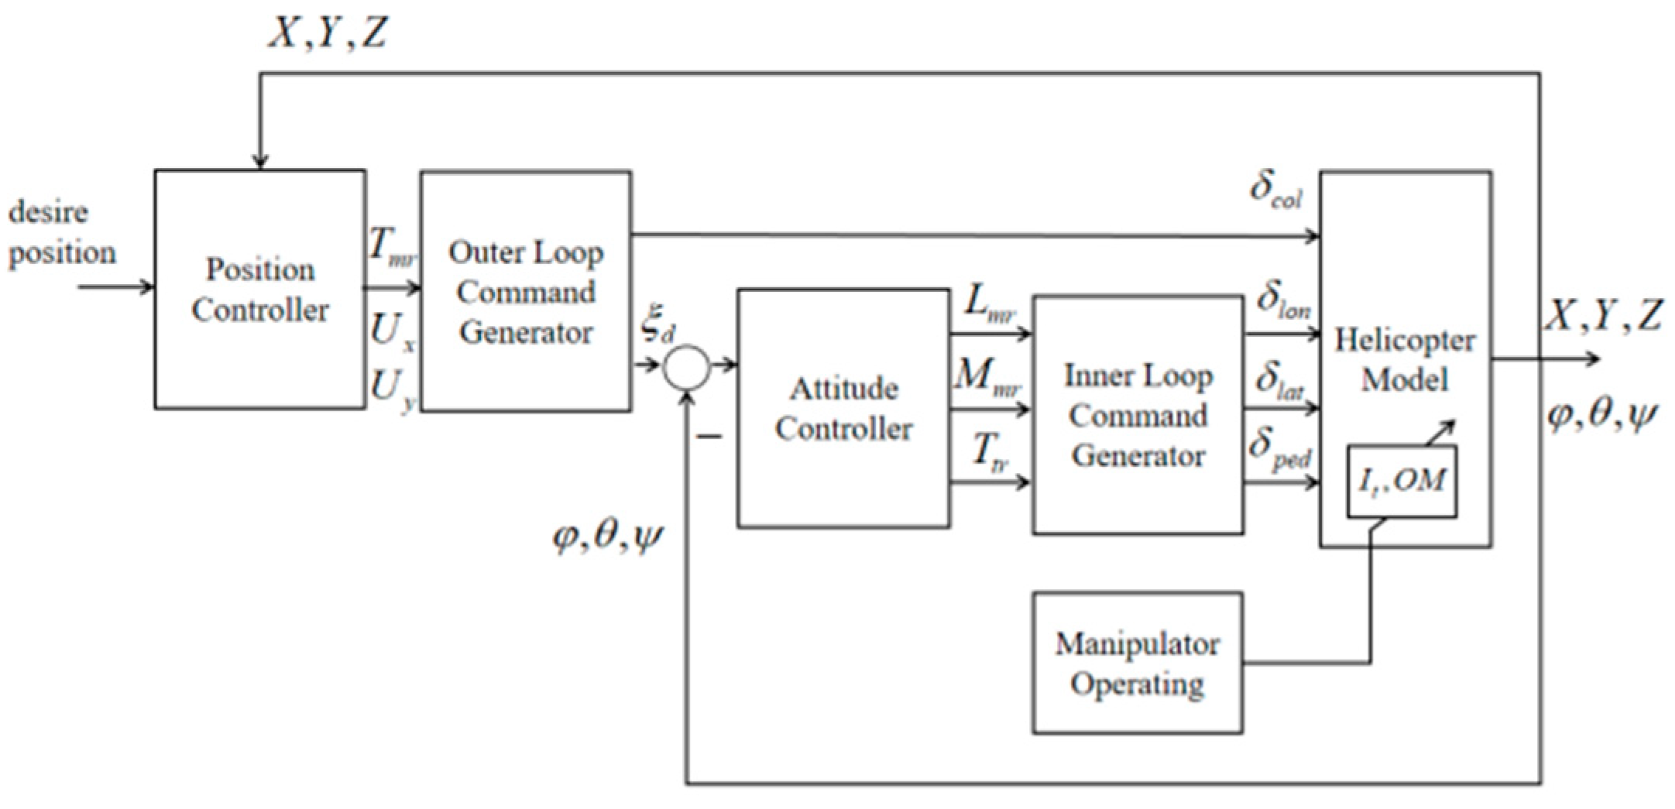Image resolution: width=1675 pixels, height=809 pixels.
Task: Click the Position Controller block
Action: tap(259, 289)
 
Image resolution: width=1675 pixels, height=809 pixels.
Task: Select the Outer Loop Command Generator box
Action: tap(525, 291)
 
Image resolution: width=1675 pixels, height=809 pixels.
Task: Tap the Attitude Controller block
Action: tap(843, 408)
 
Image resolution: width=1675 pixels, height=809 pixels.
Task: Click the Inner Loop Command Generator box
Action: tap(1138, 415)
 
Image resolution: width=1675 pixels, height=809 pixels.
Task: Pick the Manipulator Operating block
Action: tap(1137, 663)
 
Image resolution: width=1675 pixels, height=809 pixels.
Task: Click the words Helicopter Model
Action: tap(1404, 359)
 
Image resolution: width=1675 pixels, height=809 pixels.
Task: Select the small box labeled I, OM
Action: tap(1402, 481)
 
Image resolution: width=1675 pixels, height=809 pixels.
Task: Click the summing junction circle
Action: tap(685, 367)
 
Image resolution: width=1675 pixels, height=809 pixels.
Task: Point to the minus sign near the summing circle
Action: tap(709, 437)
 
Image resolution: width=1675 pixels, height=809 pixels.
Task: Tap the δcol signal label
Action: tap(1276, 190)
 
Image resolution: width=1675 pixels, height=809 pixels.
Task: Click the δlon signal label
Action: tap(1282, 300)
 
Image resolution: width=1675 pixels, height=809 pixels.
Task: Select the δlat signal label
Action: tap(1279, 381)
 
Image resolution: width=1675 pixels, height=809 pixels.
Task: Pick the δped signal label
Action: tap(1279, 449)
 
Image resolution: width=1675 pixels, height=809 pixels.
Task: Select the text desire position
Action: tap(60, 232)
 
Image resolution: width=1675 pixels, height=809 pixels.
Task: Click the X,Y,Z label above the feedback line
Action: tap(327, 33)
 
